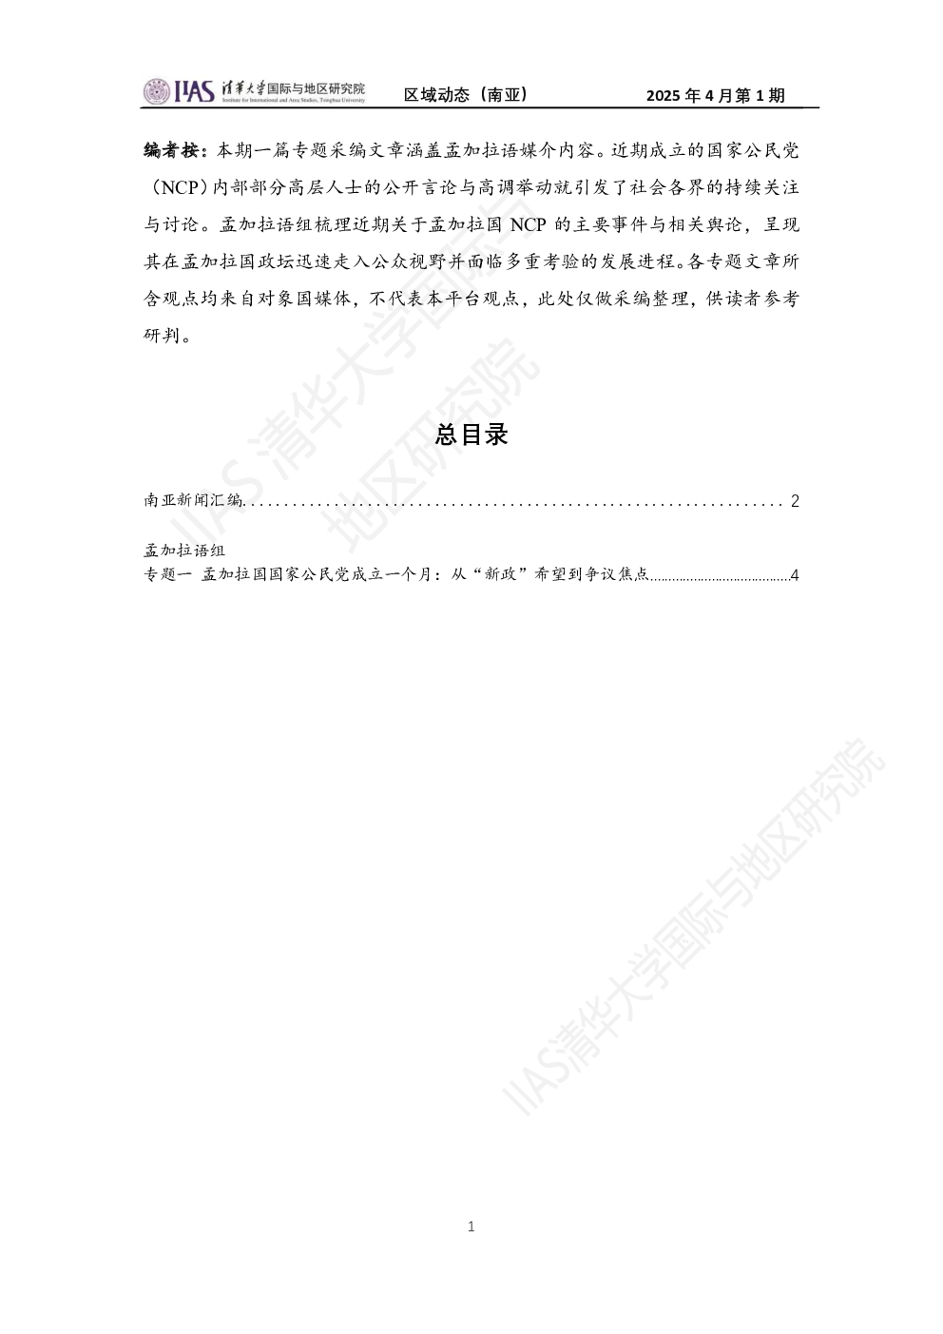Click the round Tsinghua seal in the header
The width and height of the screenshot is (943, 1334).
[x=157, y=91]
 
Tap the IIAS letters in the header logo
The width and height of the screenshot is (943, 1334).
[x=194, y=91]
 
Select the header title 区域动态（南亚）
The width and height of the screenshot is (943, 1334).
[x=466, y=94]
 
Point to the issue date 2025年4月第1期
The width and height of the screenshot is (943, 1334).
[x=716, y=95]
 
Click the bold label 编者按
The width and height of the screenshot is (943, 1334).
[x=172, y=150]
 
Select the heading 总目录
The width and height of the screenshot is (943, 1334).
[x=471, y=435]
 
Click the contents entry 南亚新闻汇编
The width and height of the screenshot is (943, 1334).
[x=194, y=499]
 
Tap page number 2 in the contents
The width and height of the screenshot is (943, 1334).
[x=794, y=501]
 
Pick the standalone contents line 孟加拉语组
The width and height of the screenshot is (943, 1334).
[x=184, y=549]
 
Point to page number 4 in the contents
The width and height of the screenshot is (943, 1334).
[x=794, y=575]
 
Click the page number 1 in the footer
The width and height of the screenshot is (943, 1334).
[x=471, y=1227]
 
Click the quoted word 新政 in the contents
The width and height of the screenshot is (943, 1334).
[x=499, y=574]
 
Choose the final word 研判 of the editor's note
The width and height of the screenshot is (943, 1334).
[x=162, y=336]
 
